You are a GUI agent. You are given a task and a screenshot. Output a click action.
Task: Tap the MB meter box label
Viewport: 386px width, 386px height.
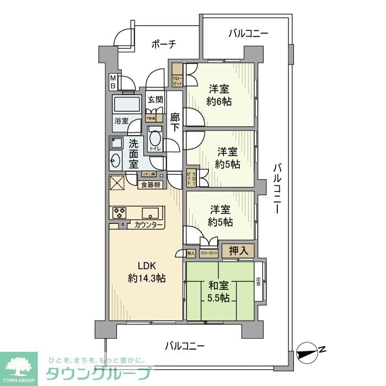112,82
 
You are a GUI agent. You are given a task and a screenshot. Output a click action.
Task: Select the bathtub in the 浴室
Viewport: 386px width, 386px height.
126,105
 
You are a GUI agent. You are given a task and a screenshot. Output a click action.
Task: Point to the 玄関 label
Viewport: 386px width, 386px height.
156,100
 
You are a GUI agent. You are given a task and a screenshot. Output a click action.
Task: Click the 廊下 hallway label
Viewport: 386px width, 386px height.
175,122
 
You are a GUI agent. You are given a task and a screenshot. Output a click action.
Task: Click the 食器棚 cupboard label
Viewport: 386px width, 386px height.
149,185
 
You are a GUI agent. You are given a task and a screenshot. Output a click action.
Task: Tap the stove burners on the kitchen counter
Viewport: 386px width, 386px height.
120,213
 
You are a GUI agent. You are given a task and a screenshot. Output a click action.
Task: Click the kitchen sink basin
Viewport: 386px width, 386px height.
150,213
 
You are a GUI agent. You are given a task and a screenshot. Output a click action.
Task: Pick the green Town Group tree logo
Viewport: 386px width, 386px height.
18,365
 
